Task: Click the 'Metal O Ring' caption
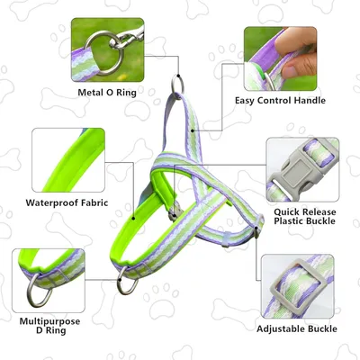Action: coord(107,93)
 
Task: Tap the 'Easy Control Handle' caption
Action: coord(280,100)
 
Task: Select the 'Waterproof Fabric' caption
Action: coord(67,202)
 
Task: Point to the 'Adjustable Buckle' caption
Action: coord(297,328)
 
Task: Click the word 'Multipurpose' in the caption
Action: coord(49,322)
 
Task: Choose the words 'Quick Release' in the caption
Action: coord(304,212)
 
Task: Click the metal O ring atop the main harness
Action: coord(177,85)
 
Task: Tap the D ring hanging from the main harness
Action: coord(127,282)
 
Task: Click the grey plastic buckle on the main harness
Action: coord(175,211)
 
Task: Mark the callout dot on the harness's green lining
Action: coord(133,218)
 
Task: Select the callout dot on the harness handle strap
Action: coord(193,130)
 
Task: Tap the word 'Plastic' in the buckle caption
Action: coord(289,221)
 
